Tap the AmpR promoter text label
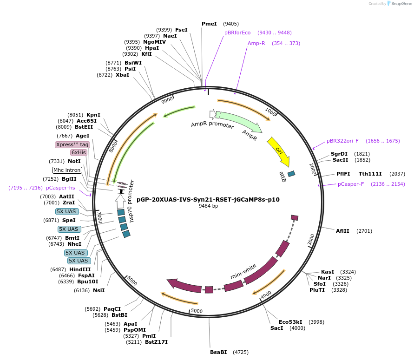209,124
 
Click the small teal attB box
291,174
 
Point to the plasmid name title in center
208,200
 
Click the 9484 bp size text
208,206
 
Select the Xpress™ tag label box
72,144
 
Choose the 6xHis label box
79,152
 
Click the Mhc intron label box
67,170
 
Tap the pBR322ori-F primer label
342,141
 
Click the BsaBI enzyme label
218,352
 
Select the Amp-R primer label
256,43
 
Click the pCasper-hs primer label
60,188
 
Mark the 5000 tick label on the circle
197,311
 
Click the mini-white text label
243,271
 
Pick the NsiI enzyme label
99,290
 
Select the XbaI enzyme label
122,75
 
